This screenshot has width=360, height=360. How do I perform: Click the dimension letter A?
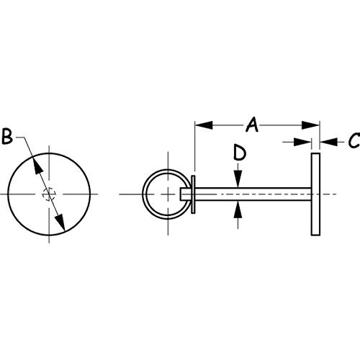tap(252, 125)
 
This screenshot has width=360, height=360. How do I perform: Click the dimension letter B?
tap(7, 136)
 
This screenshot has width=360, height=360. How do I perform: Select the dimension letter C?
tap(354, 140)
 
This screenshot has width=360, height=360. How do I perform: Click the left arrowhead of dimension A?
tap(204, 125)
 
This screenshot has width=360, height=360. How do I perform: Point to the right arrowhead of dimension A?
tap(311, 125)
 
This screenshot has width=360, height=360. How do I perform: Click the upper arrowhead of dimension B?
tap(37, 165)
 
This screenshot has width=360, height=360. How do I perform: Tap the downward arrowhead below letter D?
tap(238, 179)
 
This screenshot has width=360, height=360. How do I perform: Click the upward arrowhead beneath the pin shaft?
tap(238, 210)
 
